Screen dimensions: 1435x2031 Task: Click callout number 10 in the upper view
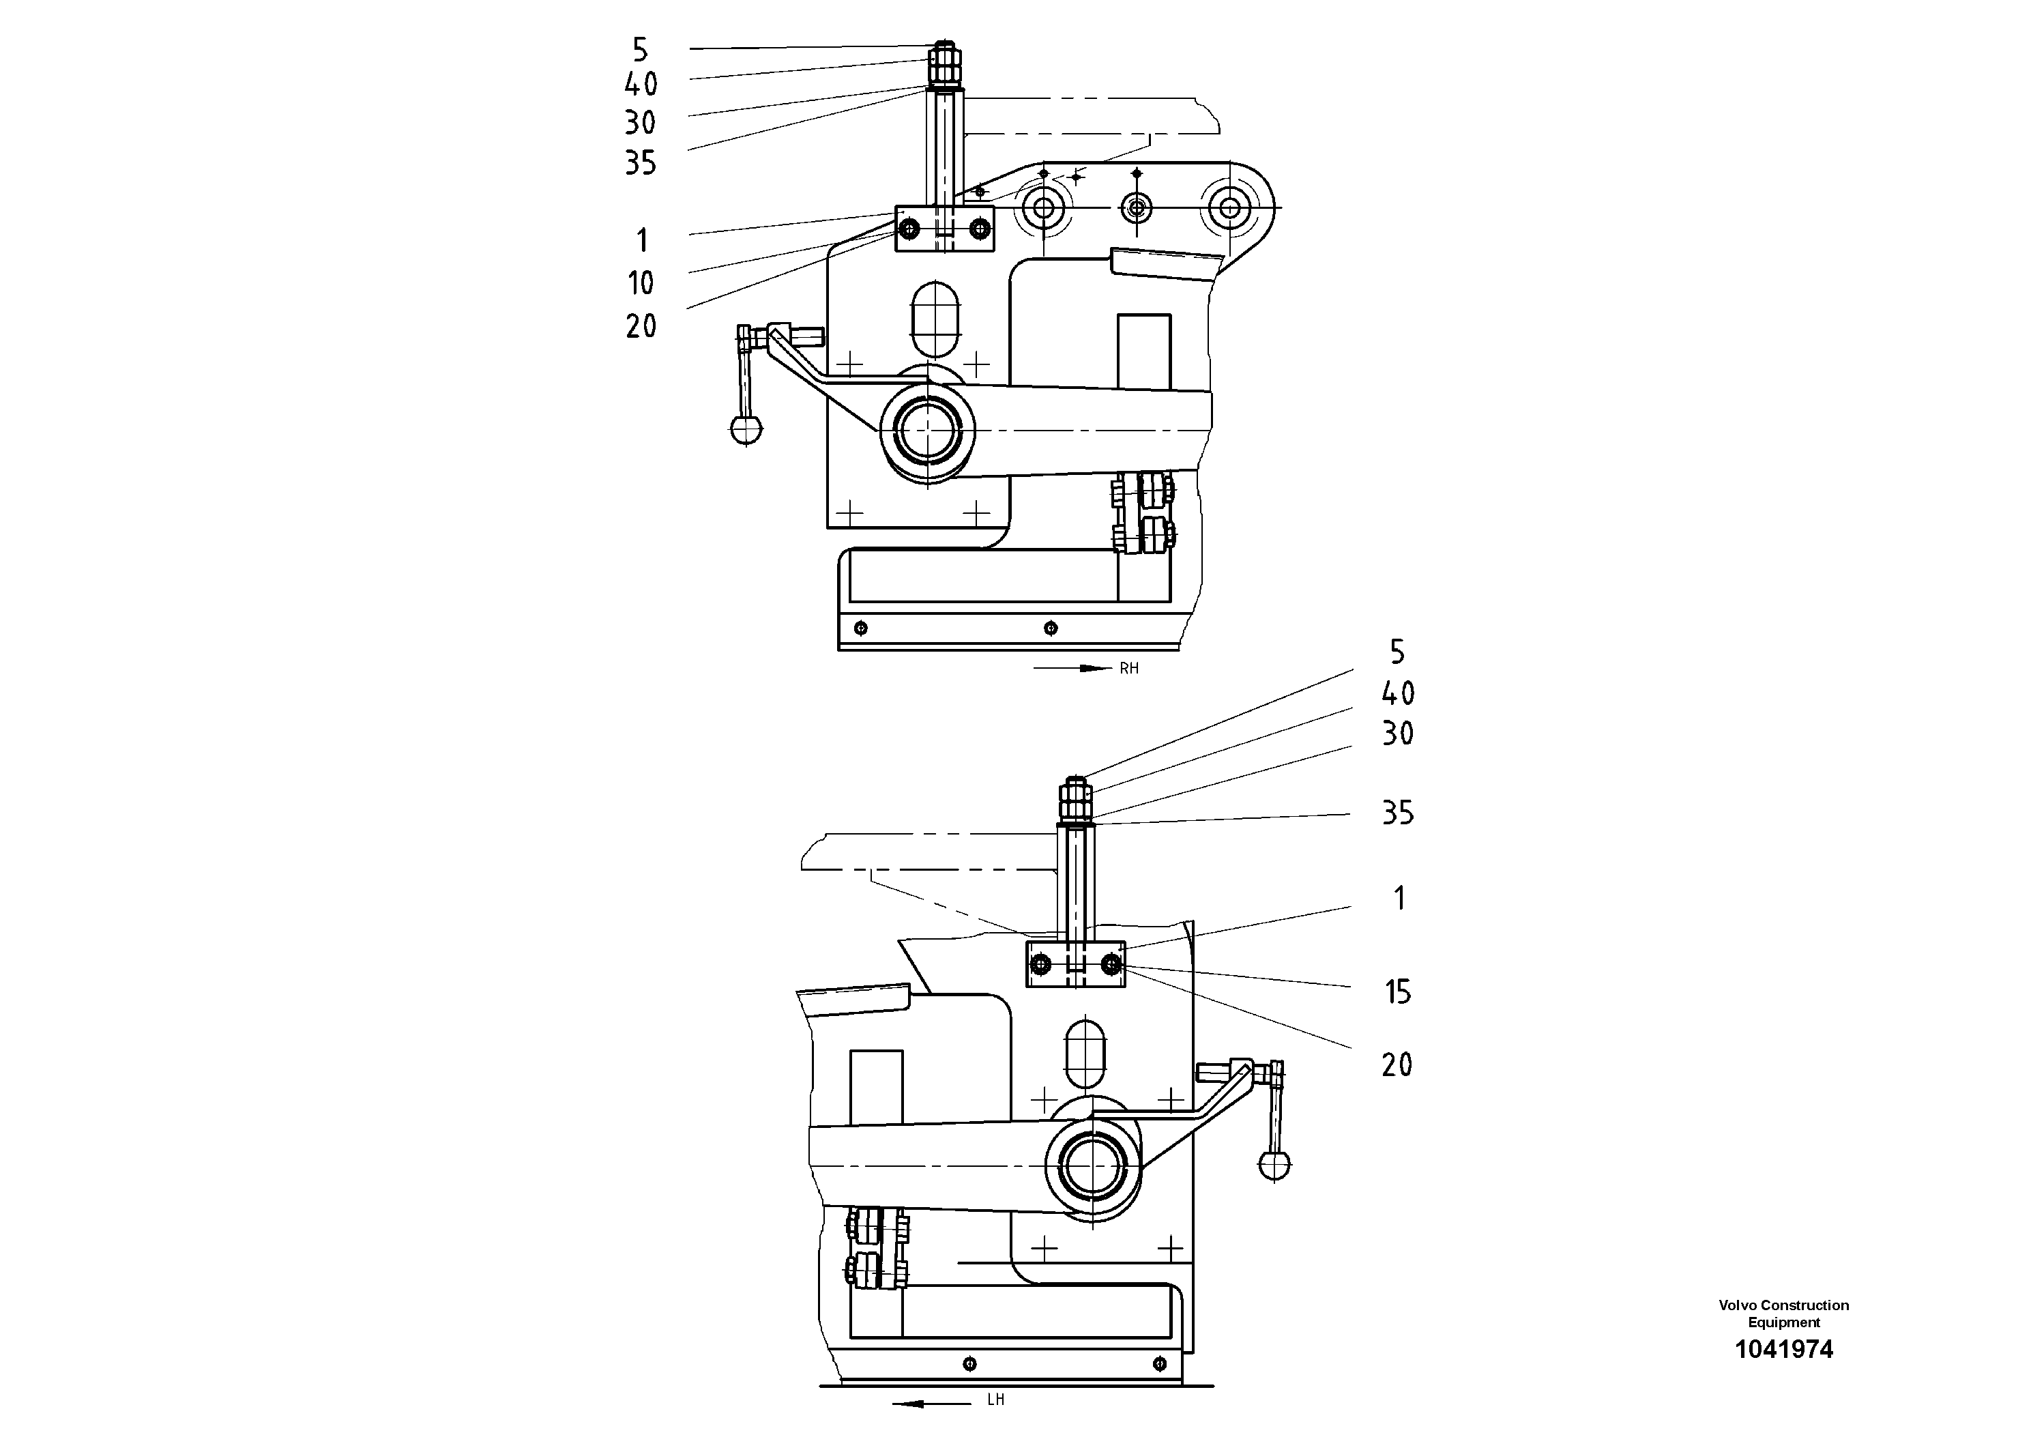point(641,283)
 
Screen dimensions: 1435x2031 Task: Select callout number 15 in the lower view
point(1398,993)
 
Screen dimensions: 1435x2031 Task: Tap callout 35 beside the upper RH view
point(641,163)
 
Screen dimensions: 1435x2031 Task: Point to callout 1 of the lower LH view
point(1399,899)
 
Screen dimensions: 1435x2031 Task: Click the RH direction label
point(1128,669)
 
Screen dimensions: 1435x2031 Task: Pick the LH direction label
point(996,1400)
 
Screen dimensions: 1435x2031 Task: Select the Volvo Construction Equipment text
point(1783,1314)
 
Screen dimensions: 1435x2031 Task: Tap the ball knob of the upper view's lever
point(746,430)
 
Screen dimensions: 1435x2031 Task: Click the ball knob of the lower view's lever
point(1274,1164)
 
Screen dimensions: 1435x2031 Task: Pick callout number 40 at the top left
point(641,85)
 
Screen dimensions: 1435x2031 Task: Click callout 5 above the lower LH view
point(1398,653)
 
